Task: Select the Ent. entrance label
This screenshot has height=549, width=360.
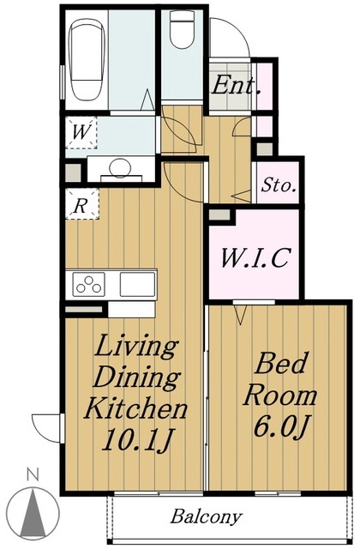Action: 237,85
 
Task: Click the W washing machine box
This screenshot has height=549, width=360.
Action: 81,133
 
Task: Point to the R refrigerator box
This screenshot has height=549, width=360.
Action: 82,204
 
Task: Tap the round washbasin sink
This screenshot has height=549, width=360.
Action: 119,167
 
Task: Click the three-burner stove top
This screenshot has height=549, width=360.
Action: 89,284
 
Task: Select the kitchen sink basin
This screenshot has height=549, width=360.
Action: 137,284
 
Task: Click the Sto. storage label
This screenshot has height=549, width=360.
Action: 279,185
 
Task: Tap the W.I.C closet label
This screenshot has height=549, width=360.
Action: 255,257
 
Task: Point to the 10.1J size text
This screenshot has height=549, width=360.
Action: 137,440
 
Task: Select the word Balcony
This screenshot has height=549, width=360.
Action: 206,516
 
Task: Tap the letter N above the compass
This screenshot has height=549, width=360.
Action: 33,474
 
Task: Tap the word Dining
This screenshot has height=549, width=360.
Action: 136,377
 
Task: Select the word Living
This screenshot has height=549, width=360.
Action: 135,347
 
